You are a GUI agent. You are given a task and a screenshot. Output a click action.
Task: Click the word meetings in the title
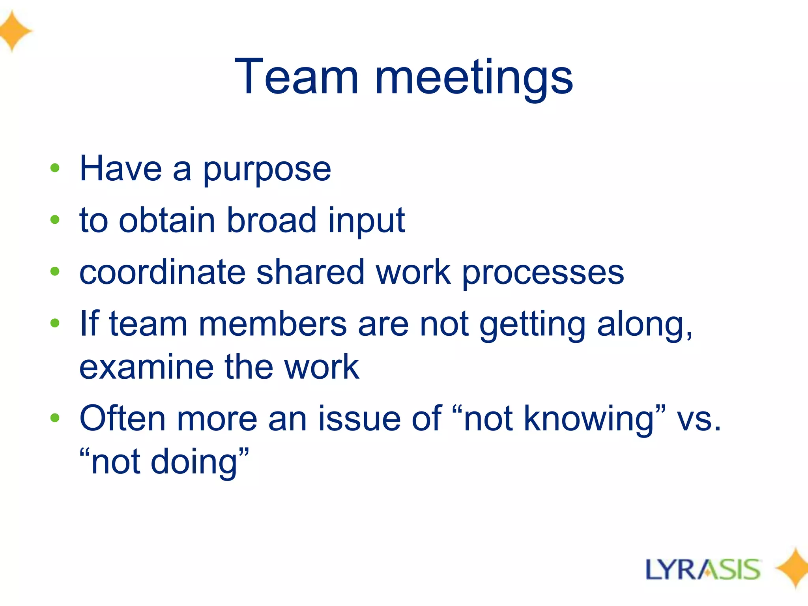(x=474, y=79)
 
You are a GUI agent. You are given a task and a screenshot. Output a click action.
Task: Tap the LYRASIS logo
(x=703, y=569)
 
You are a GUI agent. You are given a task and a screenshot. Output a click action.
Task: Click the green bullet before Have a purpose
(x=55, y=168)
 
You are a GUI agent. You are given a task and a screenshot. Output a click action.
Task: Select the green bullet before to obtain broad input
(x=55, y=220)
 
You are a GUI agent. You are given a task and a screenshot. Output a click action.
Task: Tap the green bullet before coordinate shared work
(x=55, y=271)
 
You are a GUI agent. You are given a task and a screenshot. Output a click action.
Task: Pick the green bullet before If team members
(x=55, y=323)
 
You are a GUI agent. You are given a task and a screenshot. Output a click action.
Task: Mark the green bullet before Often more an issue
(x=55, y=418)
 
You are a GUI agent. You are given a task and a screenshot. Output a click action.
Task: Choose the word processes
(x=543, y=273)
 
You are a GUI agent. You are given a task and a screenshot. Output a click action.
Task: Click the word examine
(x=146, y=367)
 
